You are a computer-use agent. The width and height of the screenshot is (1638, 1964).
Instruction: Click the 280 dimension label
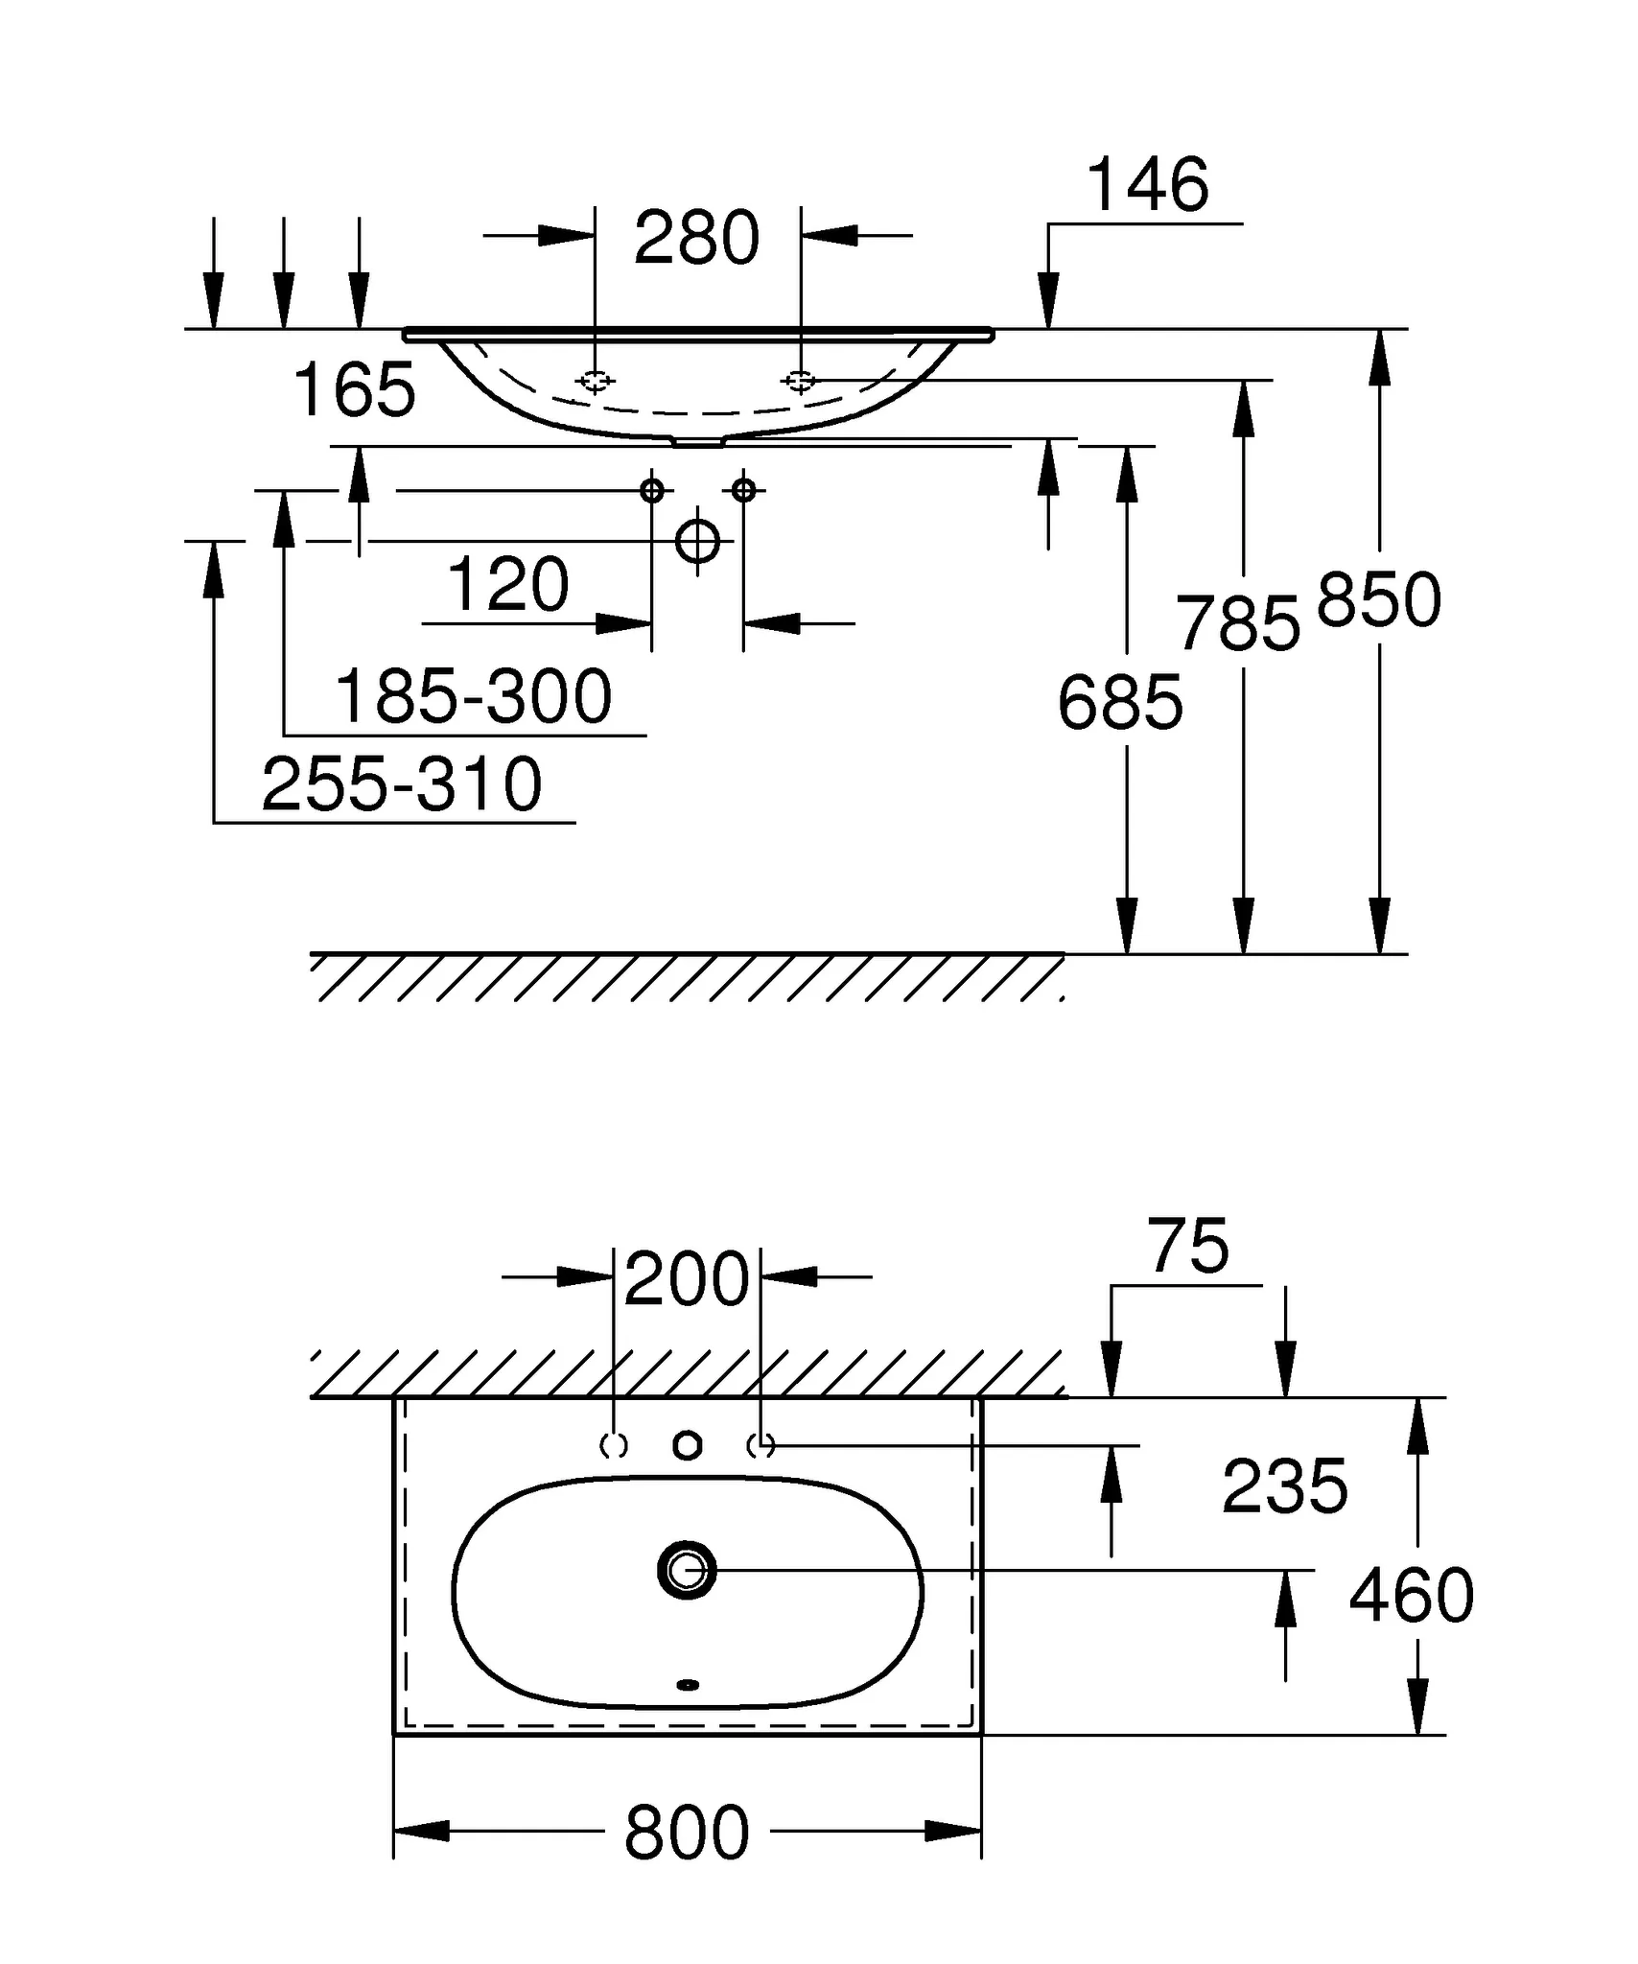[x=696, y=238]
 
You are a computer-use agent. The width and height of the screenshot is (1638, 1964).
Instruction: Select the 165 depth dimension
[x=354, y=389]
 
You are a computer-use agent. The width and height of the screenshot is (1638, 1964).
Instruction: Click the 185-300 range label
[x=473, y=697]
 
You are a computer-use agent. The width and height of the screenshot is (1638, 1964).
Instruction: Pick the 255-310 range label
[x=402, y=784]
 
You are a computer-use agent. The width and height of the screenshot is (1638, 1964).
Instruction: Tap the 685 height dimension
[x=1120, y=703]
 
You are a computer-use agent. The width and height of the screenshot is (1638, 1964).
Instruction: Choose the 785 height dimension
[x=1238, y=624]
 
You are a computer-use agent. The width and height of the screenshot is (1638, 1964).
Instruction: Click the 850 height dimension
[x=1379, y=601]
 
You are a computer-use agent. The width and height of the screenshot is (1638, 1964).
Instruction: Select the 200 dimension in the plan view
[x=686, y=1279]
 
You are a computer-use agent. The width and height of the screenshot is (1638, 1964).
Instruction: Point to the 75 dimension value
[x=1188, y=1247]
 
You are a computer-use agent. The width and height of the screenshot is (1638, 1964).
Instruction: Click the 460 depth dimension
[x=1411, y=1596]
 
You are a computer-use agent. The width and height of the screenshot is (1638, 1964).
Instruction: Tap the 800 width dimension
[x=687, y=1833]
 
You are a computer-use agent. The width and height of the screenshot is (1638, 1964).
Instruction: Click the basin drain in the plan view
[x=688, y=1571]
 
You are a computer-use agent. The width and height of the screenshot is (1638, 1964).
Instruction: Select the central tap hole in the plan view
[x=688, y=1445]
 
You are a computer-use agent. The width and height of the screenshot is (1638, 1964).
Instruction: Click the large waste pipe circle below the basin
[x=697, y=542]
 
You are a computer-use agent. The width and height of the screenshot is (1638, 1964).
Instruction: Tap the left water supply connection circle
[x=652, y=491]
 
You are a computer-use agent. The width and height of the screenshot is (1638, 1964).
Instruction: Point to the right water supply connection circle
[x=743, y=491]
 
